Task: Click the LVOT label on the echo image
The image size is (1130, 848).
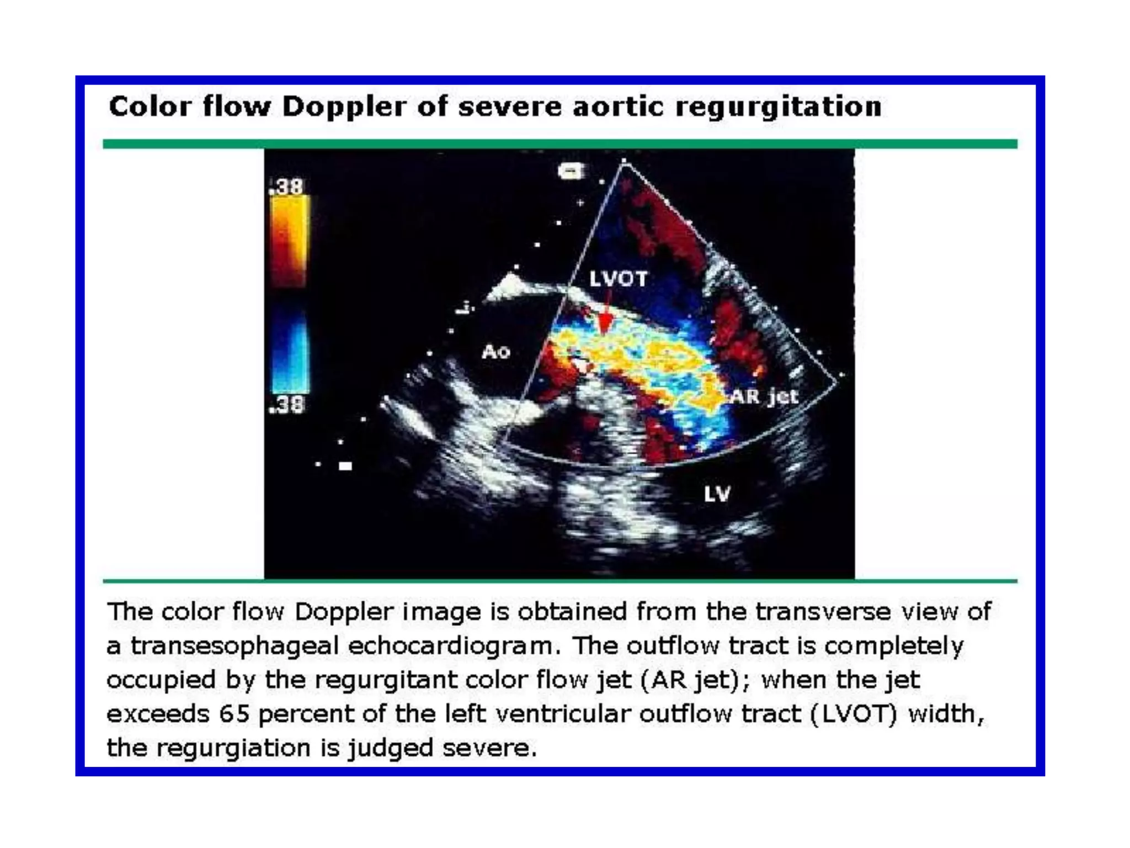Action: pos(618,279)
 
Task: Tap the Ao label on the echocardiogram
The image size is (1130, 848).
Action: pos(495,352)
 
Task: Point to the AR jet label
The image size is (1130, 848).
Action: pos(764,396)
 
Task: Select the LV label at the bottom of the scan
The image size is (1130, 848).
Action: pos(717,494)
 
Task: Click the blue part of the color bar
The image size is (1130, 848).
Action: pos(290,353)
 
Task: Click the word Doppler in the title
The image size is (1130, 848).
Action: pos(344,106)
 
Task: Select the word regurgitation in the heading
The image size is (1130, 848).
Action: pos(779,106)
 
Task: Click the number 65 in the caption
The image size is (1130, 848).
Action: pos(234,714)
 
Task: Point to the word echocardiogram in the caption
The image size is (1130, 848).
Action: pos(450,646)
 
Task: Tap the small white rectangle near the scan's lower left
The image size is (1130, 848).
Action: pos(345,466)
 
